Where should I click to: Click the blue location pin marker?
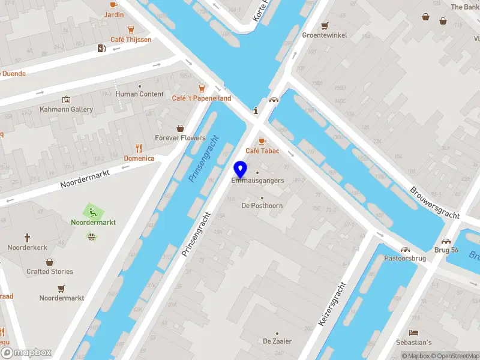[241, 169]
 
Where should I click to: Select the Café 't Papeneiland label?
[201, 98]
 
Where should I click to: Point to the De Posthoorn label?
[262, 206]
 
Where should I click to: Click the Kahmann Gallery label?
[66, 109]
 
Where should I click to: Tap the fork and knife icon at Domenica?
[139, 148]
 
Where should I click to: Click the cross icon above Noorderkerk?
[27, 238]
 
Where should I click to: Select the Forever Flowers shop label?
[180, 138]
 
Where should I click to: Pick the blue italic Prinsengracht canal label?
[204, 159]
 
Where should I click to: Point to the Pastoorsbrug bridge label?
[405, 259]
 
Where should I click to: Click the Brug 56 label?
[446, 250]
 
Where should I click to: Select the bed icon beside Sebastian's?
[413, 332]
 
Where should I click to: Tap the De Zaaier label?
[277, 341]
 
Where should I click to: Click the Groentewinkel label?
[325, 35]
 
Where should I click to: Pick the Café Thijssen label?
[131, 40]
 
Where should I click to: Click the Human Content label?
[139, 94]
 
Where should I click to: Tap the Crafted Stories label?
[50, 271]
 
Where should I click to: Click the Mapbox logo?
[26, 353]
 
